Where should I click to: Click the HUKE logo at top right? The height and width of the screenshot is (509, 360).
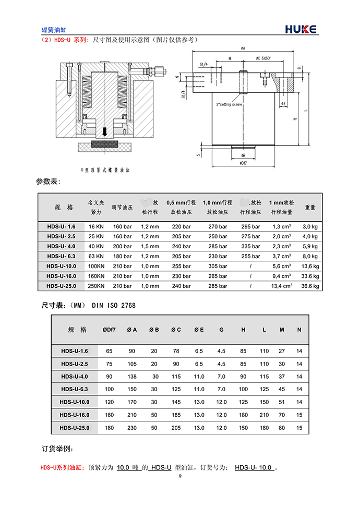301,29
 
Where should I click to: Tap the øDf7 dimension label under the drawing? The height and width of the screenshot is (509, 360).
243,164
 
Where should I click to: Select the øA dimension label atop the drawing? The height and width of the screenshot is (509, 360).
243,49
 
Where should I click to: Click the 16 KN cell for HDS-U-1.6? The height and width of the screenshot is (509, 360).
96,227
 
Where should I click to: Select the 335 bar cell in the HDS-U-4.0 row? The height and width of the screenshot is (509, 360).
250,246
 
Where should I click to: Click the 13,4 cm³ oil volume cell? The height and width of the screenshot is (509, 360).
282,286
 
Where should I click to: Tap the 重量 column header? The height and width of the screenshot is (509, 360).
310,207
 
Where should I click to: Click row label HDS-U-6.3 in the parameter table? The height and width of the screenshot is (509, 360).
61,256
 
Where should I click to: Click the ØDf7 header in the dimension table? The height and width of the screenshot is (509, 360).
109,330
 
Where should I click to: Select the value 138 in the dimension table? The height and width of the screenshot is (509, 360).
132,377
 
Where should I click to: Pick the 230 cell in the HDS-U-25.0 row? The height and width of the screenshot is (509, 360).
132,428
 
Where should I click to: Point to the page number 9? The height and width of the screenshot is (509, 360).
180,476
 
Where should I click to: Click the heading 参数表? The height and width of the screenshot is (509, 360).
48,181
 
